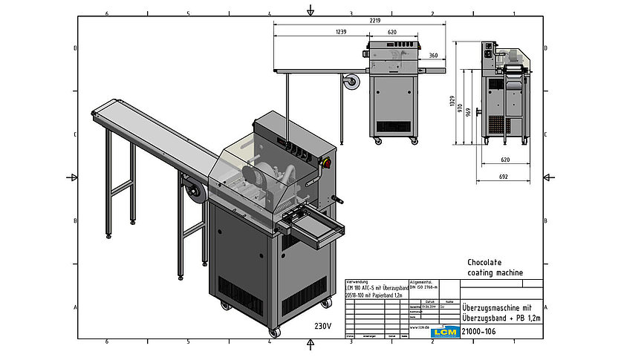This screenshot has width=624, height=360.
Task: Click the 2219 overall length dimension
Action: click(375, 21)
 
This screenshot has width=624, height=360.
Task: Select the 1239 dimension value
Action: click(341, 32)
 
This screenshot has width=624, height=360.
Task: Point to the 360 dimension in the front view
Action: click(433, 56)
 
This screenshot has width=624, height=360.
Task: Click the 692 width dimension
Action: click(504, 177)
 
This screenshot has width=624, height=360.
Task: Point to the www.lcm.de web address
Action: click(420, 326)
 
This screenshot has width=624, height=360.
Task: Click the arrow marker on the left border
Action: click(73, 177)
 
